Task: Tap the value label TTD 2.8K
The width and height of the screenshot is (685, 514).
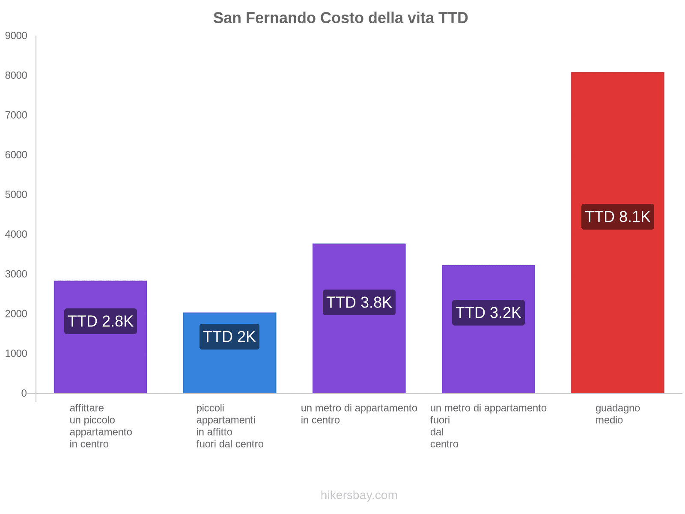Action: coord(101,321)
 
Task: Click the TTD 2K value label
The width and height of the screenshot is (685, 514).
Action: coord(229,337)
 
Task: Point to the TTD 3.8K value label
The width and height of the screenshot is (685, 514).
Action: coord(359,302)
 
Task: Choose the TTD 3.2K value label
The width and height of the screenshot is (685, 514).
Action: coord(488,313)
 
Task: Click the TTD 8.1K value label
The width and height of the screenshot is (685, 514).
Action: coord(617,217)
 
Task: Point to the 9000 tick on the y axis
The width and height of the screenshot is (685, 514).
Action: coord(16,36)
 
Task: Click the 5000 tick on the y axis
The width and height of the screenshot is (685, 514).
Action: coord(16,195)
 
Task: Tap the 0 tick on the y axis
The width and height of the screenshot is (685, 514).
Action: coord(24,393)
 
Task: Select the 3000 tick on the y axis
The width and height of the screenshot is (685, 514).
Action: coord(16,274)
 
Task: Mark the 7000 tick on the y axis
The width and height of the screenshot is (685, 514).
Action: coord(16,115)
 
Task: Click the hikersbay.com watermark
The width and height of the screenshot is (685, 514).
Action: coord(359,495)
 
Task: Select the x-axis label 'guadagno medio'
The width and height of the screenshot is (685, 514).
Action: coord(617,414)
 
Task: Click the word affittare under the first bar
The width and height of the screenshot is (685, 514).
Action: coord(86,408)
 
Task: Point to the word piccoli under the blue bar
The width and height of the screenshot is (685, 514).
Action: coord(210,408)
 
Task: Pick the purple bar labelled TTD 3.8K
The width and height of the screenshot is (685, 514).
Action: coord(359,351)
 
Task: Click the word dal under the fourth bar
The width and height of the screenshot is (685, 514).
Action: coord(437,432)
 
